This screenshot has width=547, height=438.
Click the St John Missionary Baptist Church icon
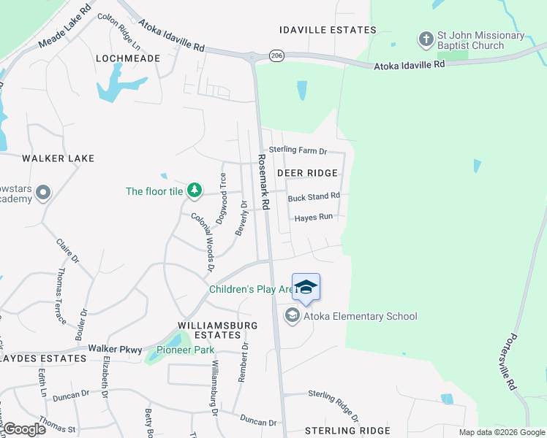coord(426,38)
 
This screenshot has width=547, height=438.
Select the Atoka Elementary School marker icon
coord(293,315)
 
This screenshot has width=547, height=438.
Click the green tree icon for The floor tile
coord(194,191)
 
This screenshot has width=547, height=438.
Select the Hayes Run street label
coord(313,218)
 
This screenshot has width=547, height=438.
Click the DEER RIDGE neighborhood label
coord(308,173)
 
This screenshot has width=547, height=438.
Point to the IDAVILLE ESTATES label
coord(328,30)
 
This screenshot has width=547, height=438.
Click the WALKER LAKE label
coord(59,158)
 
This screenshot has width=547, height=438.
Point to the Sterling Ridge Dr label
coord(333,405)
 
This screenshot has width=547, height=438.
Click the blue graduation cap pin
coord(306,286)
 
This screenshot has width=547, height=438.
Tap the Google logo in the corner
coord(24,429)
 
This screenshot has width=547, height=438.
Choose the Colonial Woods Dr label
coord(203,239)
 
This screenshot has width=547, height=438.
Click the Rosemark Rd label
coord(263,182)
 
